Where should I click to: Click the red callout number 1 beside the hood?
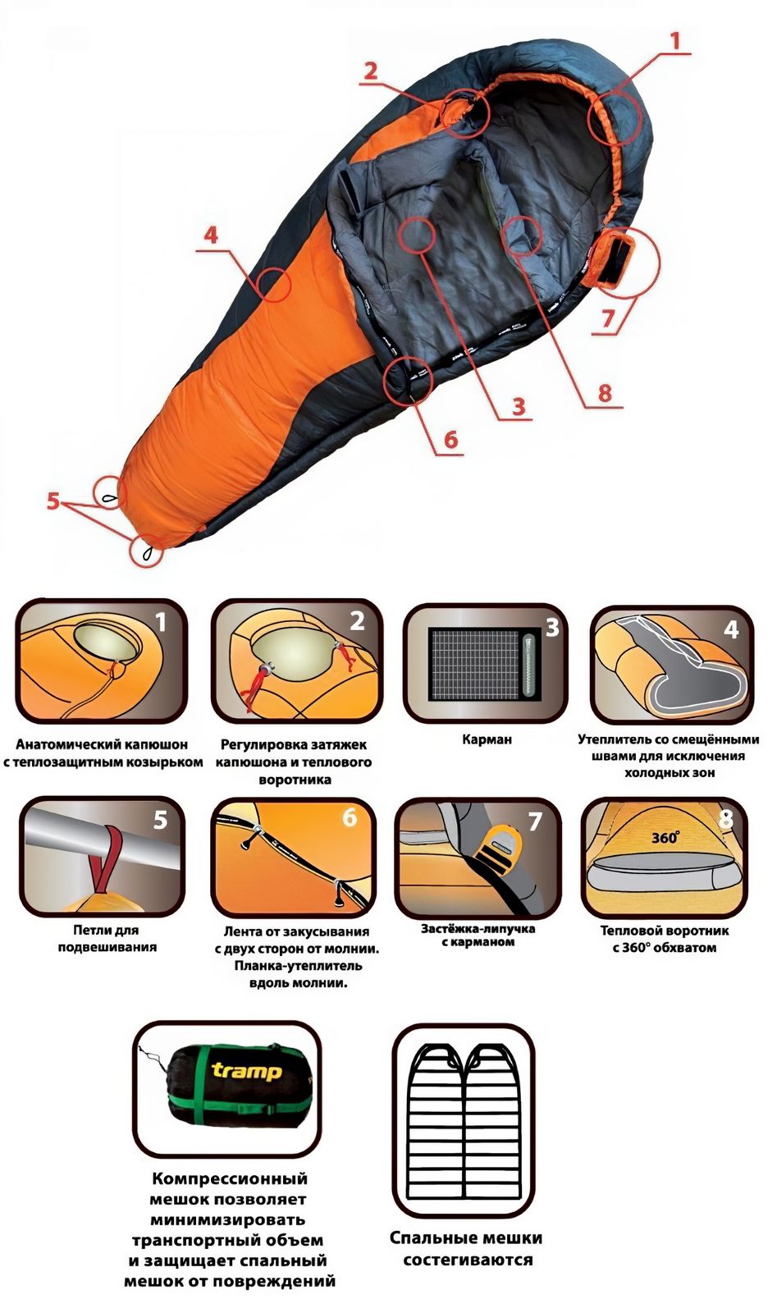(675, 41)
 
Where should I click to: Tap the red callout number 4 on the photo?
(210, 235)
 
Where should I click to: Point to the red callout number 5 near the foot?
(53, 501)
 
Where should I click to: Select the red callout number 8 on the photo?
(605, 392)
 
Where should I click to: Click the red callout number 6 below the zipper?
(450, 439)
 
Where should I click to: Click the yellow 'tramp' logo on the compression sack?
(246, 1072)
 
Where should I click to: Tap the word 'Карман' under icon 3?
(487, 739)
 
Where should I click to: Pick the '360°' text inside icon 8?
(665, 837)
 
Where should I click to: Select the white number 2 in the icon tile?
(357, 621)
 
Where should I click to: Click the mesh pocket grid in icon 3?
(474, 665)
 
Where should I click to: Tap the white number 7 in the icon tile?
(535, 821)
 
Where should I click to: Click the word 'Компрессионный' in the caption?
(229, 1178)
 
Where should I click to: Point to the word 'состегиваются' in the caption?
(468, 1259)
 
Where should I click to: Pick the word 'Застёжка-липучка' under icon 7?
(478, 928)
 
